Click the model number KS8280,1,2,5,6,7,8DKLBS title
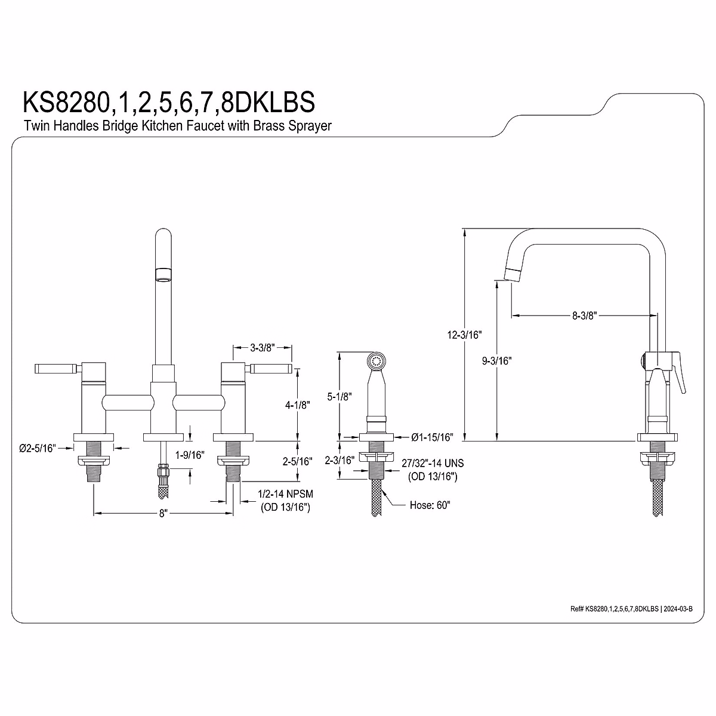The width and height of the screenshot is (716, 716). click(x=168, y=102)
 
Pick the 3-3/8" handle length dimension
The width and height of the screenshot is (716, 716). click(x=262, y=347)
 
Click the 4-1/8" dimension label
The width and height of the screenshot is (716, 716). click(x=297, y=405)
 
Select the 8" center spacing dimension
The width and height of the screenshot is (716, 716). click(x=163, y=513)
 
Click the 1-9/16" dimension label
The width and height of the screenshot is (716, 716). click(x=190, y=455)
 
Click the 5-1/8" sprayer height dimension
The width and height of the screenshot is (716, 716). click(x=339, y=396)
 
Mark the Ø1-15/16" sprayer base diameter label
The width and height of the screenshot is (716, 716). click(x=432, y=437)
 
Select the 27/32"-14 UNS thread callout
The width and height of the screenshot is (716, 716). click(x=433, y=463)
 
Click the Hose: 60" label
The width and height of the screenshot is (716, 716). click(x=430, y=505)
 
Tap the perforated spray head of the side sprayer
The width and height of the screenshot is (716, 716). click(x=376, y=361)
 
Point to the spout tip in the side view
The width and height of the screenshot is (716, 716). click(x=513, y=273)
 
